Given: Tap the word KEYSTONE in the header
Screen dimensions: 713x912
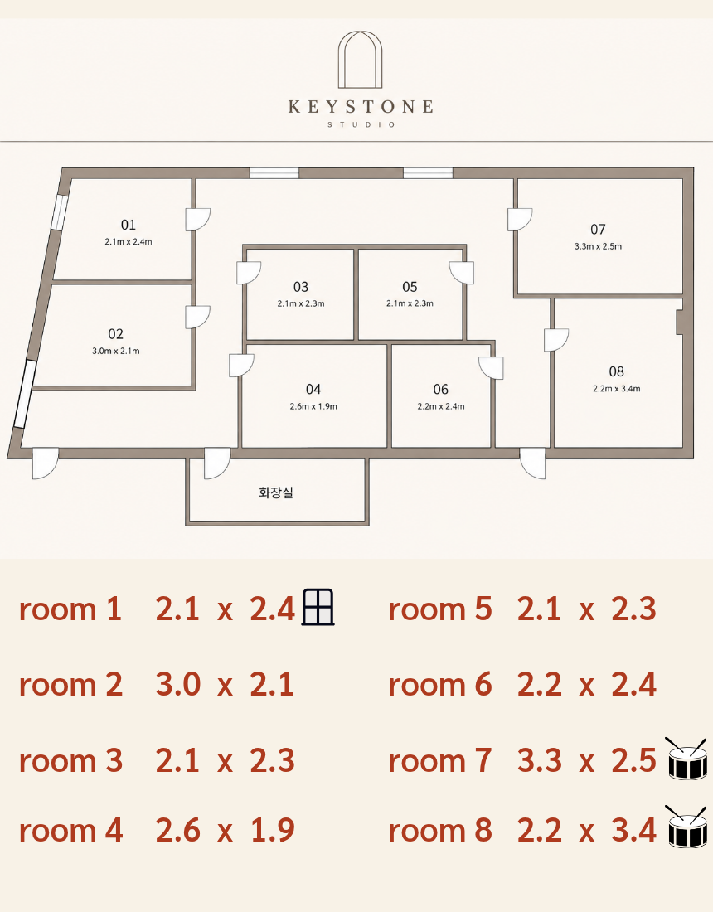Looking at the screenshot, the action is click(361, 106).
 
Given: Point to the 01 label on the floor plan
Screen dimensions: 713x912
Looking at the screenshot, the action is click(129, 225).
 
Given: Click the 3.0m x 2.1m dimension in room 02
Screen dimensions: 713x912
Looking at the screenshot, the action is click(116, 351).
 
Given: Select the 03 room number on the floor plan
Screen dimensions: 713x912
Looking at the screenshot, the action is click(301, 287).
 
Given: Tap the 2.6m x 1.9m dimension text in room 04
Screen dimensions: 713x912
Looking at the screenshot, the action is click(313, 406).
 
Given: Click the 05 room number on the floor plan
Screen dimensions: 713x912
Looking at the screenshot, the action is click(410, 287).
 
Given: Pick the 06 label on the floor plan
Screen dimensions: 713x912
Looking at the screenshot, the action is click(441, 389).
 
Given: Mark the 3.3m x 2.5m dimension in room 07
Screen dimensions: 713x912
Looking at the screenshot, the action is click(599, 246).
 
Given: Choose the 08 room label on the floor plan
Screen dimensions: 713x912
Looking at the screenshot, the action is click(617, 371).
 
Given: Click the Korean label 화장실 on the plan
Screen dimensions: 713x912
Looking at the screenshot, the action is click(275, 492).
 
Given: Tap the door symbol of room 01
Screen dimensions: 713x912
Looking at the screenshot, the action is click(197, 219).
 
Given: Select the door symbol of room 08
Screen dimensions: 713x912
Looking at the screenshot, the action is click(556, 340).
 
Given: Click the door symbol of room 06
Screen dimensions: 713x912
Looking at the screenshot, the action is click(492, 367).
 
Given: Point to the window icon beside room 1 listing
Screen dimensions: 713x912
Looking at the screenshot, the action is click(318, 607).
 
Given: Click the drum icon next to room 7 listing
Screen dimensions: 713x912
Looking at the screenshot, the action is click(686, 759).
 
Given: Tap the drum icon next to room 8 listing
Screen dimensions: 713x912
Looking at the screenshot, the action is click(686, 827).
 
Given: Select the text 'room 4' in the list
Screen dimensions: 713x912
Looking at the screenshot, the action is click(71, 830).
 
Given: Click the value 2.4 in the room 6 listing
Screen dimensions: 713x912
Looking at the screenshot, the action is click(633, 684).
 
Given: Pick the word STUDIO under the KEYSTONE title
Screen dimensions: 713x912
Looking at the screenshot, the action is click(361, 124).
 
